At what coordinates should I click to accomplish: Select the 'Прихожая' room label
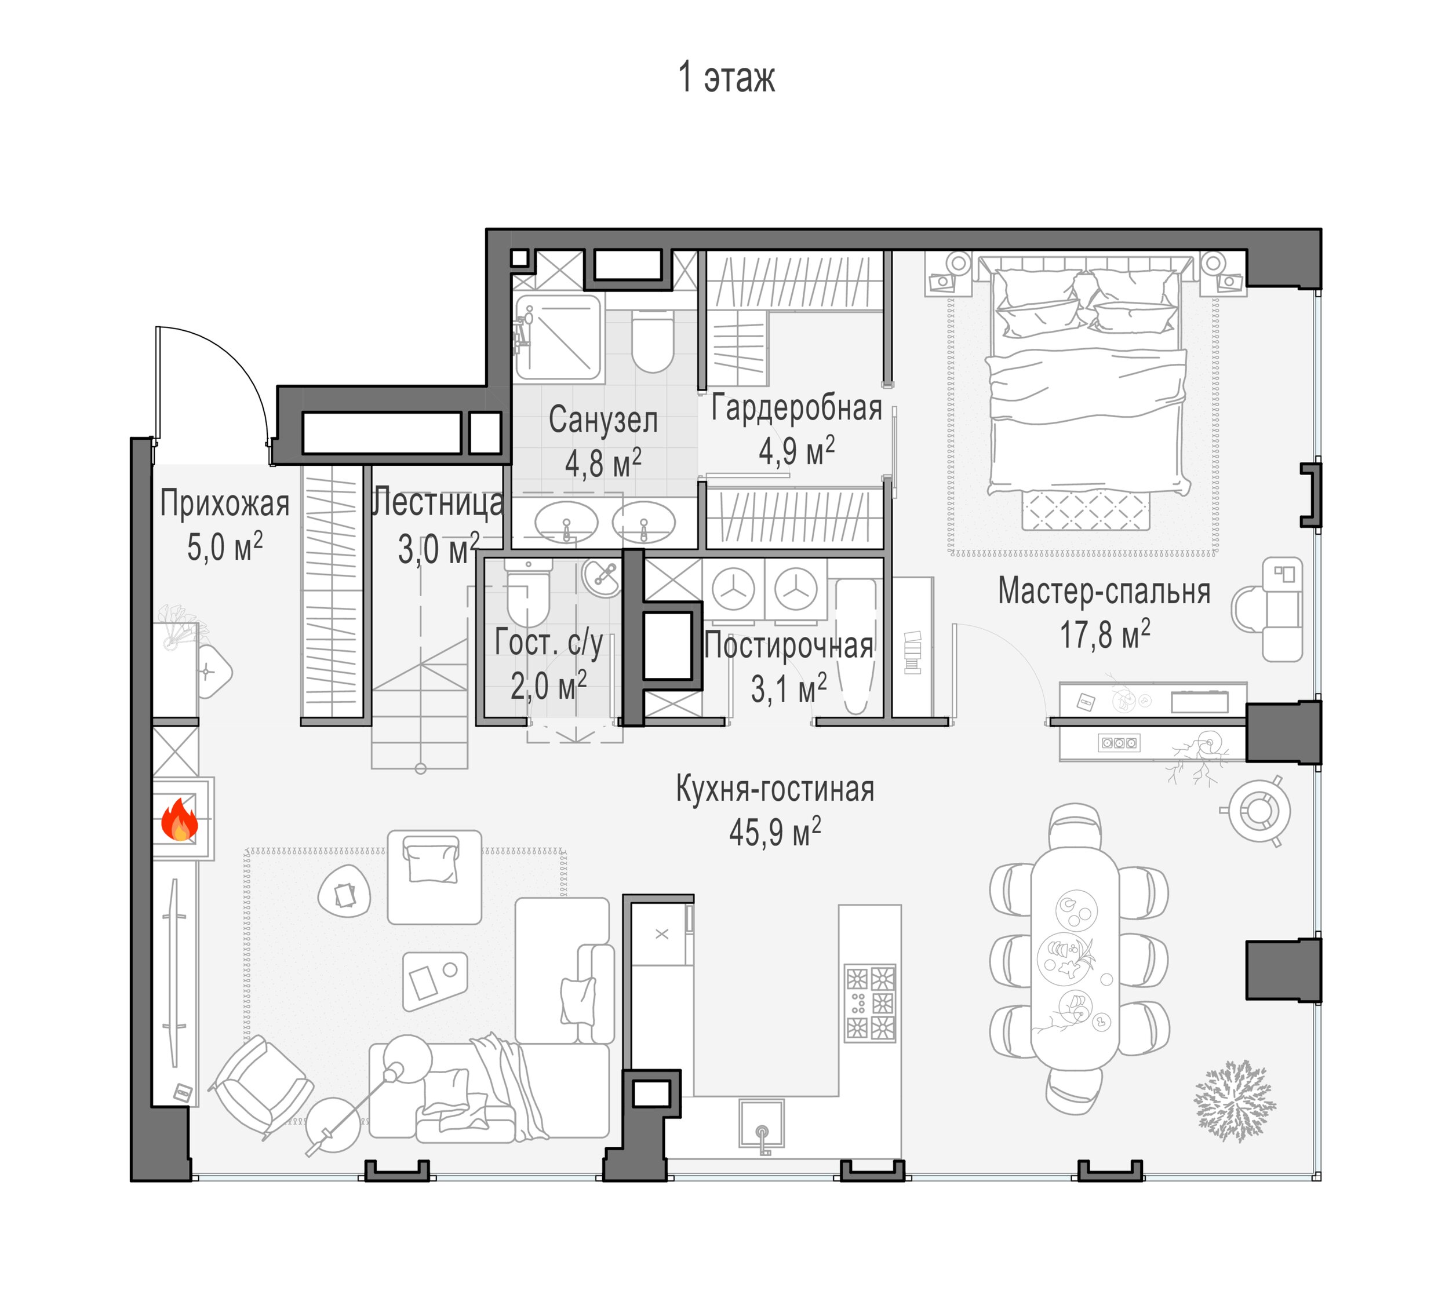(225, 504)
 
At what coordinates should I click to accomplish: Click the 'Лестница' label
(438, 502)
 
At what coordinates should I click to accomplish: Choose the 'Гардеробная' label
(796, 408)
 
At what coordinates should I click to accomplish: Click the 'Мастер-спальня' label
(1104, 592)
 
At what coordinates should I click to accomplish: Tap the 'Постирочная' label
(788, 645)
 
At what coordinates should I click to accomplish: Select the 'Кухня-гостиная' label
(775, 789)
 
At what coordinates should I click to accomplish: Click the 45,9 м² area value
(775, 832)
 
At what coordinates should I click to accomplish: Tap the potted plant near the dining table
(1233, 1100)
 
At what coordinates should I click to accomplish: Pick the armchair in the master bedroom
(1267, 610)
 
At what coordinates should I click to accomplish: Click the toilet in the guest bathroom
(528, 595)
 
